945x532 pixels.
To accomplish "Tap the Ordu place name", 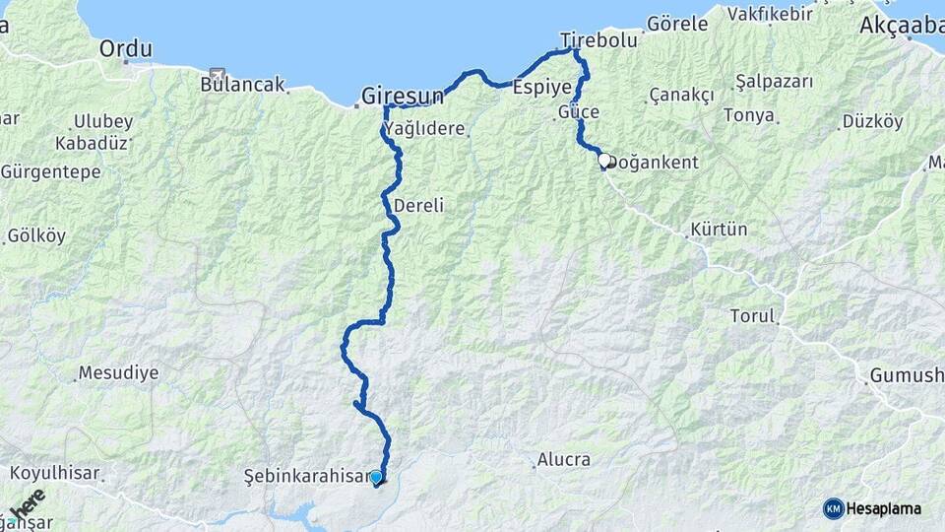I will coord(126,48).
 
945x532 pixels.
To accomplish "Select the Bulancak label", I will coord(241,85).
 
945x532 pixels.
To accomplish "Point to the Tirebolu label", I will coord(598,41).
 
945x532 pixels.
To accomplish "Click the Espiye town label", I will coord(542,86).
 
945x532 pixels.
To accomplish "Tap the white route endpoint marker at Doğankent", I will coord(604,160).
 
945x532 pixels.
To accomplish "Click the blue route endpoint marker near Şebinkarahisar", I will coord(376,477).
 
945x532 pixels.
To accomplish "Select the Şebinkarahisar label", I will coord(305,477).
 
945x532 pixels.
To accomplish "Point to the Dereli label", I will coord(418,206).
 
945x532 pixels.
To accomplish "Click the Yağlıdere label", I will coord(424,128).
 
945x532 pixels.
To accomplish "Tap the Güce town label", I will coord(579,111).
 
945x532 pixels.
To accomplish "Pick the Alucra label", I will coord(563,460).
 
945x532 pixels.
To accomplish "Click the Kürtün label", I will coord(719,230).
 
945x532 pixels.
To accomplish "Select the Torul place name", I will coord(753,317).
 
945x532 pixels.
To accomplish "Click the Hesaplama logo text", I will coord(884,509).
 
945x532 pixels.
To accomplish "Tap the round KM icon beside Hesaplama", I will coord(834,509).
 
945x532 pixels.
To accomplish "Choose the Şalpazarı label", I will coord(774,82).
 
